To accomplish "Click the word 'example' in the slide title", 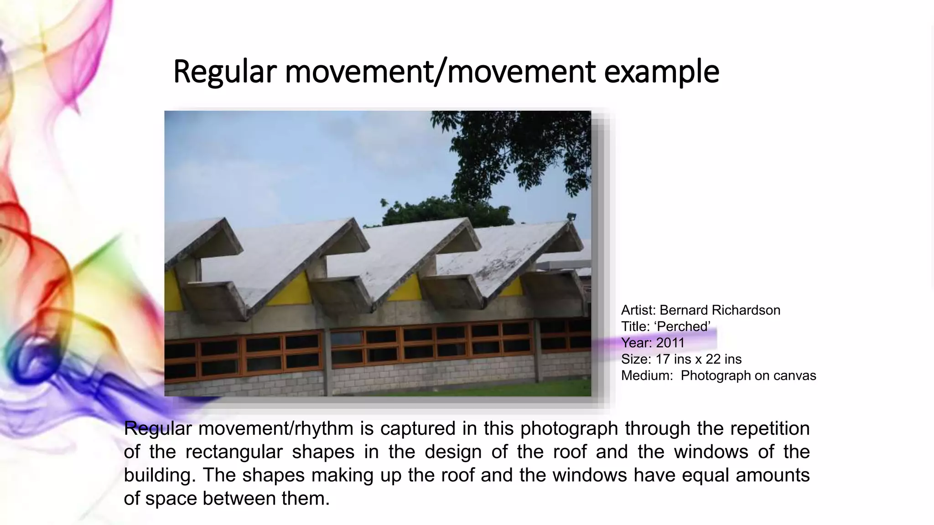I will [x=661, y=72].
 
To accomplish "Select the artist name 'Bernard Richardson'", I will [x=720, y=310].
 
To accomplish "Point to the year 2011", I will [x=670, y=343].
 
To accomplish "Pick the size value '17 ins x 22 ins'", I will [x=698, y=359].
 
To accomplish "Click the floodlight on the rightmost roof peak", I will [x=571, y=216].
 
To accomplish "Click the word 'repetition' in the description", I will [x=770, y=429].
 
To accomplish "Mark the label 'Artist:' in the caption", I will [x=638, y=310].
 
